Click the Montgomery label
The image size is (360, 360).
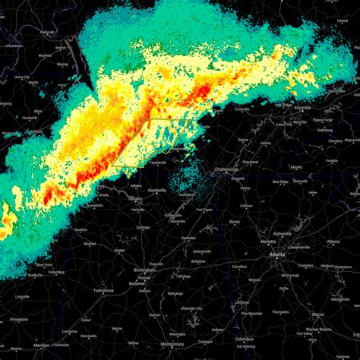172,333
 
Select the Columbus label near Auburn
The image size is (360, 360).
245,337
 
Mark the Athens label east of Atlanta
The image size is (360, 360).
332,242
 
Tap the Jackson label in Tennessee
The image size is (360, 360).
32,132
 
